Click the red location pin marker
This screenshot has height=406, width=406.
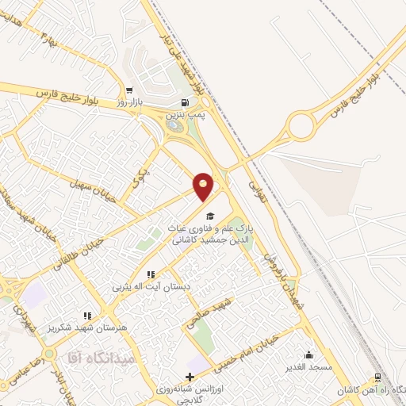click(204, 187)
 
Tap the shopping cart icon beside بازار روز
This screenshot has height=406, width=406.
click(128, 90)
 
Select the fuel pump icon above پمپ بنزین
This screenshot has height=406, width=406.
click(185, 102)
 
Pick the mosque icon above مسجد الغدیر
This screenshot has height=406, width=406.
click(308, 354)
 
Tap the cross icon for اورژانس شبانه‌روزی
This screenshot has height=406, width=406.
click(189, 377)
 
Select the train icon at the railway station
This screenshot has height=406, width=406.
click(378, 378)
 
